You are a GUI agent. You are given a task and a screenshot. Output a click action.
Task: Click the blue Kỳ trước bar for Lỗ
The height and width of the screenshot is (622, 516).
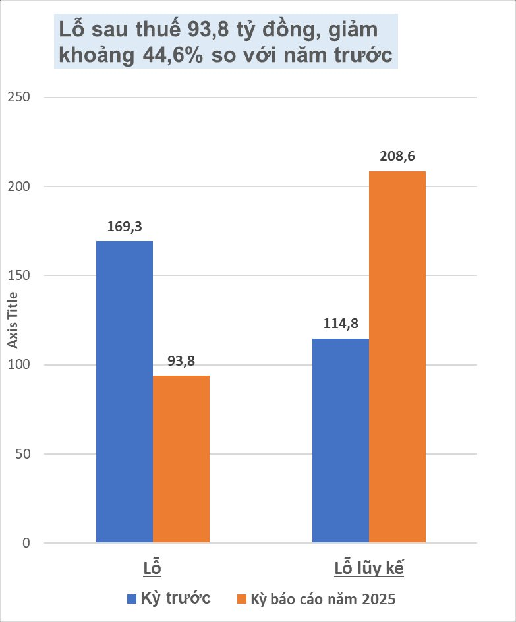pos(125,392)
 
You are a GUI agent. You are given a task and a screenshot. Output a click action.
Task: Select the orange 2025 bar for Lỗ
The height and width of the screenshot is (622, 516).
pos(181,459)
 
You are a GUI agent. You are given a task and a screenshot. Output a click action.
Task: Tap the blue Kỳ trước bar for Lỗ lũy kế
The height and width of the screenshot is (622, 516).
pos(341,441)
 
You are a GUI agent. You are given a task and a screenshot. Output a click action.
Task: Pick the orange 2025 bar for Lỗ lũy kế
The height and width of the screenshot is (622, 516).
pos(397,357)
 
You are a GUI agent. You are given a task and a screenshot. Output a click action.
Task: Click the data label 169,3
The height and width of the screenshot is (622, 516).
pos(125,227)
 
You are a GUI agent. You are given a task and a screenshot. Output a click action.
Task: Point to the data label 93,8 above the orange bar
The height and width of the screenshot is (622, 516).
pos(181,361)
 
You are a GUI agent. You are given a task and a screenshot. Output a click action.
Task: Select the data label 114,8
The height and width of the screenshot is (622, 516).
pos(341,324)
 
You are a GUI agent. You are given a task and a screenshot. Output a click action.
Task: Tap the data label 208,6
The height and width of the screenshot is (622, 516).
pos(397,157)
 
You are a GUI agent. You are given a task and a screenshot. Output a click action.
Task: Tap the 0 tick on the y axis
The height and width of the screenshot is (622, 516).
pos(26,543)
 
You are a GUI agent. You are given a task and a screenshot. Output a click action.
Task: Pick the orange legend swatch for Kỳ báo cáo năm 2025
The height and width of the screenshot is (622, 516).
pos(241,599)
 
